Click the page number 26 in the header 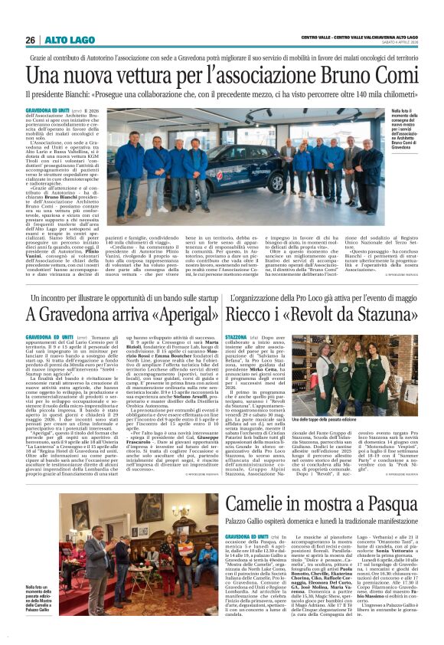coord(31,40)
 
